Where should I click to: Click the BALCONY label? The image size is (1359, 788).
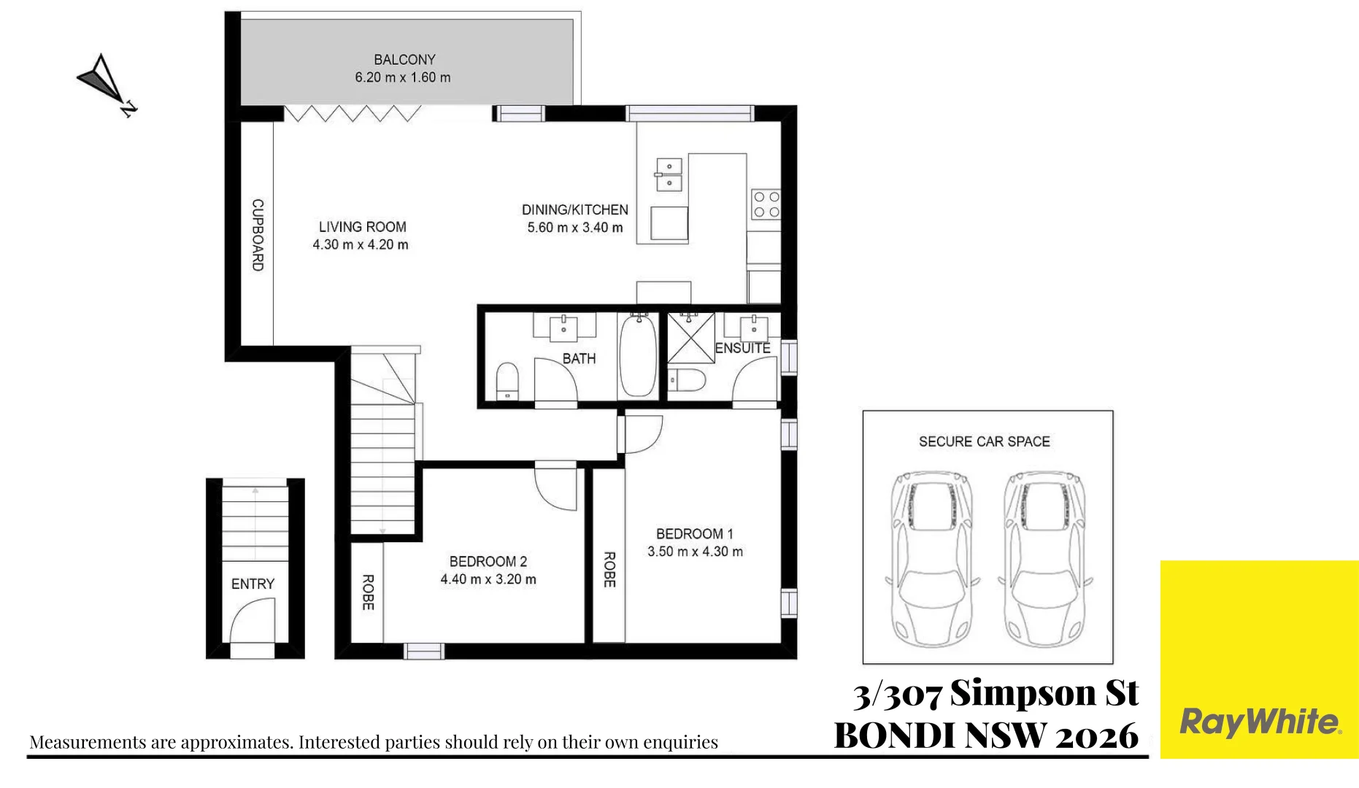404,60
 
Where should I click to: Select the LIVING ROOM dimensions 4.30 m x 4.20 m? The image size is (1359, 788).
361,245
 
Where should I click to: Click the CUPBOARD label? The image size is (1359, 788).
258,235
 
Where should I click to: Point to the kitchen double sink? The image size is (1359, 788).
669,174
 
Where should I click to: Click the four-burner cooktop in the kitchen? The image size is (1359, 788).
766,204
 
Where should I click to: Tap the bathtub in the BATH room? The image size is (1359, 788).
638,356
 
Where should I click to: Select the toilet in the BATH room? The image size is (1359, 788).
507,381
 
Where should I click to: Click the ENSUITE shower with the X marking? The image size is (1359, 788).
690,338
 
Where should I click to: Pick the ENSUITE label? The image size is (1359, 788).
742,348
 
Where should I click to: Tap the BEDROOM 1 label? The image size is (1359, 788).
694,534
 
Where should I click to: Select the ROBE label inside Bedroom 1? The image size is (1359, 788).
609,570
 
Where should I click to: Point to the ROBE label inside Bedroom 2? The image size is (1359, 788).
368,592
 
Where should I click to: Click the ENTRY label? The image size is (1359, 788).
253,584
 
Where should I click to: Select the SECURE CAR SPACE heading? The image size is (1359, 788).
984,441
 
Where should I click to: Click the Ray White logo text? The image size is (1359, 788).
1260,722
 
